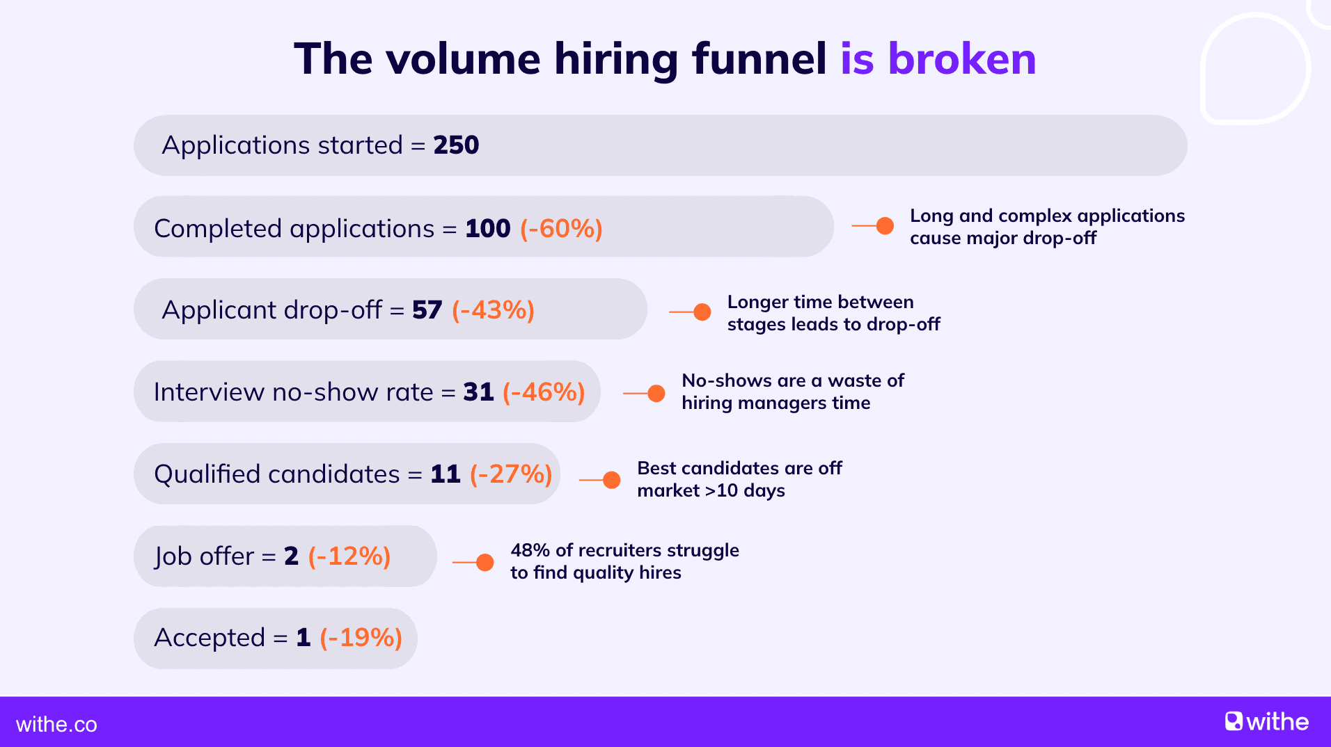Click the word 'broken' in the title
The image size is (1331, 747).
point(962,58)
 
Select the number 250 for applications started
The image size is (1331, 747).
point(456,145)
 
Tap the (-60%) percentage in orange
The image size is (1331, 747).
point(561,228)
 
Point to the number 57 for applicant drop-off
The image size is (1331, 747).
point(427,310)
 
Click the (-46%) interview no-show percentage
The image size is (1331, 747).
point(544,392)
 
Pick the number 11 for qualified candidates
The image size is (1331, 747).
point(446,474)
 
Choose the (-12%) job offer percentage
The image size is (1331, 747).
point(349,556)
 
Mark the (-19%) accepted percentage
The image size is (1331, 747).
point(361,638)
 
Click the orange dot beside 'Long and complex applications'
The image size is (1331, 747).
point(885,226)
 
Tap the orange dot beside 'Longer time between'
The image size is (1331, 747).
point(702,312)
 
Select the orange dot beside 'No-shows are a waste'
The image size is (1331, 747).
point(656,394)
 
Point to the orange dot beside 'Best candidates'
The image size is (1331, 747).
point(611,480)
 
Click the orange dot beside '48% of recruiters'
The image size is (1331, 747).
point(485,562)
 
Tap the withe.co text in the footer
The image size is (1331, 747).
point(56,725)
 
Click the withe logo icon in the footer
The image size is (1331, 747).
point(1234,721)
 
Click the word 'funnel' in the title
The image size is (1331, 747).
point(759,58)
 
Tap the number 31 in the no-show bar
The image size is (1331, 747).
point(478,392)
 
